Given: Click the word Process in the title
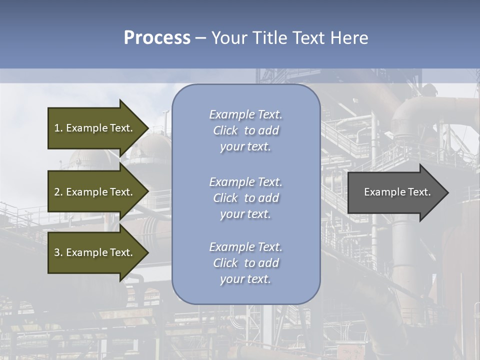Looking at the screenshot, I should click(157, 38).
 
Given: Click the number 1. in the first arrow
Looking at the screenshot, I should click(58, 128).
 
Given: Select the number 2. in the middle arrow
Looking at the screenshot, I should click(58, 192).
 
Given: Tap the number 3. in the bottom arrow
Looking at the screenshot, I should click(58, 252).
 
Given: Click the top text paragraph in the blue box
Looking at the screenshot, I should click(246, 130).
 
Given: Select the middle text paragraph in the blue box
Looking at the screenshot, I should click(246, 198).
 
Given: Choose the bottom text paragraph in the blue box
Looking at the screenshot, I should click(246, 263).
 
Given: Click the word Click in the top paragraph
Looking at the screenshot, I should click(225, 130).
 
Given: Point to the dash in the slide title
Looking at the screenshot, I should click(200, 38).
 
